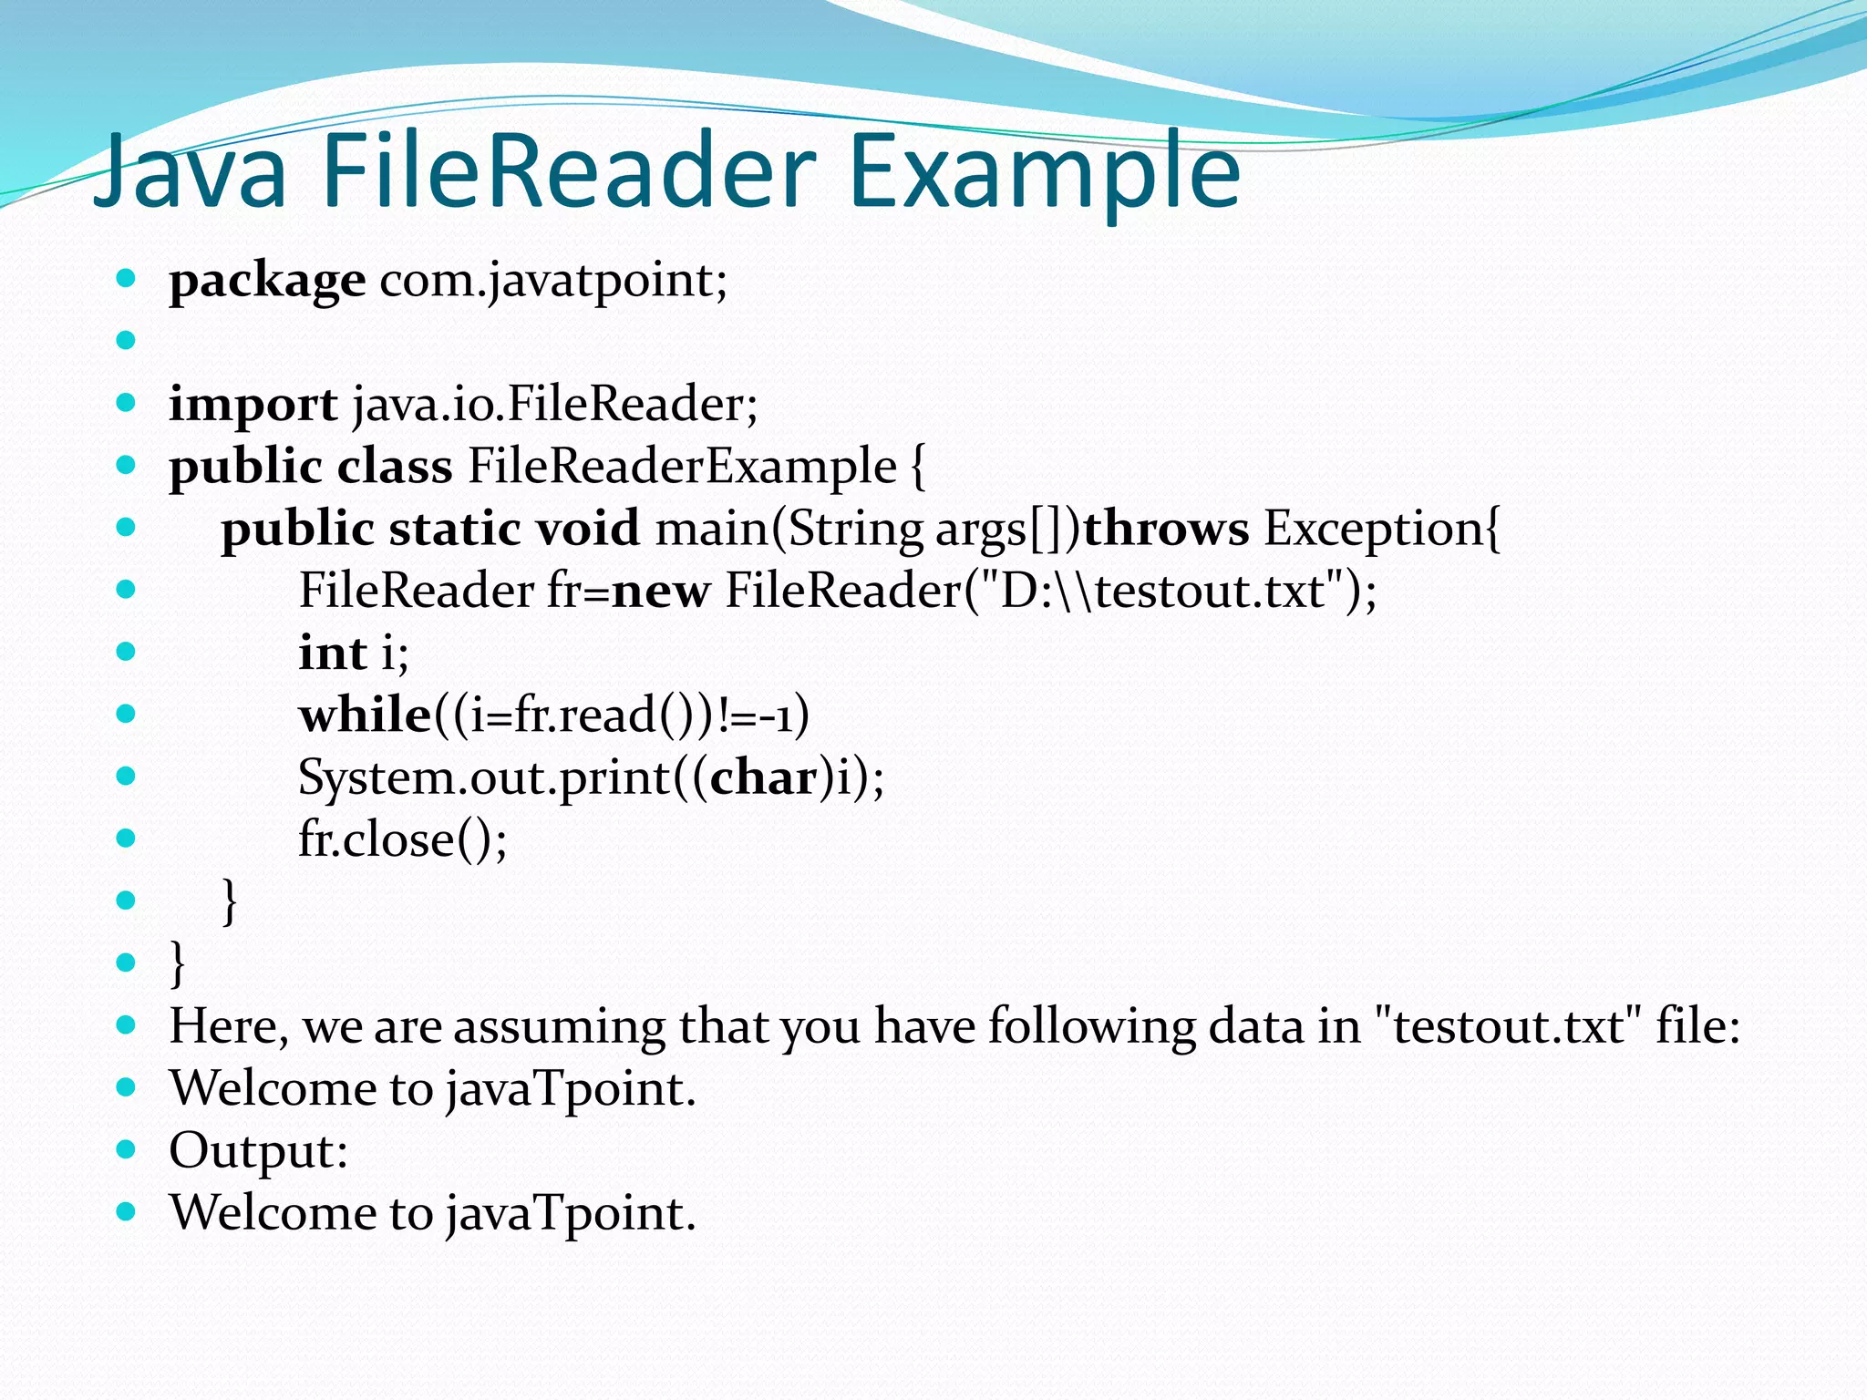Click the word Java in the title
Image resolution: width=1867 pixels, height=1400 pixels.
[x=191, y=171]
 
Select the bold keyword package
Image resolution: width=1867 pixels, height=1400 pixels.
[x=267, y=281]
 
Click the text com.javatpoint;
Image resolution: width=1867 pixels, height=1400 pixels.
[x=553, y=281]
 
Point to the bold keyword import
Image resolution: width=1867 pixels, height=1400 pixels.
[x=253, y=405]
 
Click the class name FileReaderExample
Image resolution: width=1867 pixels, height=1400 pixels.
[x=682, y=467]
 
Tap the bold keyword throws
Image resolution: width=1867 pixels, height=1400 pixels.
[x=1165, y=529]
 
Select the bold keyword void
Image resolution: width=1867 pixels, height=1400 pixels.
[x=587, y=529]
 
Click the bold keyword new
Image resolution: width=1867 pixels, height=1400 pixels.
[x=660, y=592]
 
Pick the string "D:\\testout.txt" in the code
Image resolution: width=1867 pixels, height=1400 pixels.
[x=1157, y=591]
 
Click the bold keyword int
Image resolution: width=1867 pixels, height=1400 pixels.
[x=332, y=654]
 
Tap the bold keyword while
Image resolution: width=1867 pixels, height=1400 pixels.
[x=365, y=715]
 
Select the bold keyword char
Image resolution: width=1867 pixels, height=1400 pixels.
[x=764, y=778]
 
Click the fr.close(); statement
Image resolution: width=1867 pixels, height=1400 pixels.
[x=402, y=839]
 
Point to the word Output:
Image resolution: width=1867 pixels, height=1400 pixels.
[x=258, y=1150]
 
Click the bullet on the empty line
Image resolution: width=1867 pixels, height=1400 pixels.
[x=127, y=341]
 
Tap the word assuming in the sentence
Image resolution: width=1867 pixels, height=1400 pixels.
[x=559, y=1026]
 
